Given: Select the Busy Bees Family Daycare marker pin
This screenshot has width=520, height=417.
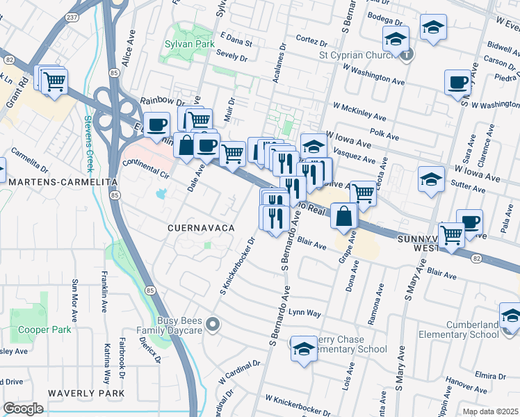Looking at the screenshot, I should (x=213, y=323).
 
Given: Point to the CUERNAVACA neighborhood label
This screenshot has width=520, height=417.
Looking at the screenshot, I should (x=200, y=228).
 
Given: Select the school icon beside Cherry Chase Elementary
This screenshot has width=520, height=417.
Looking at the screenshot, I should (x=304, y=350).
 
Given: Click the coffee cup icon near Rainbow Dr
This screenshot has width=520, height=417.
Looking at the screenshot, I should (x=157, y=125).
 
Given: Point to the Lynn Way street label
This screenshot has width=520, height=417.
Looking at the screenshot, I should (x=307, y=313).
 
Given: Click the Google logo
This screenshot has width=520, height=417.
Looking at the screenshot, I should (x=23, y=409).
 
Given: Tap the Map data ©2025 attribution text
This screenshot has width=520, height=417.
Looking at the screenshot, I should (x=490, y=411).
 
